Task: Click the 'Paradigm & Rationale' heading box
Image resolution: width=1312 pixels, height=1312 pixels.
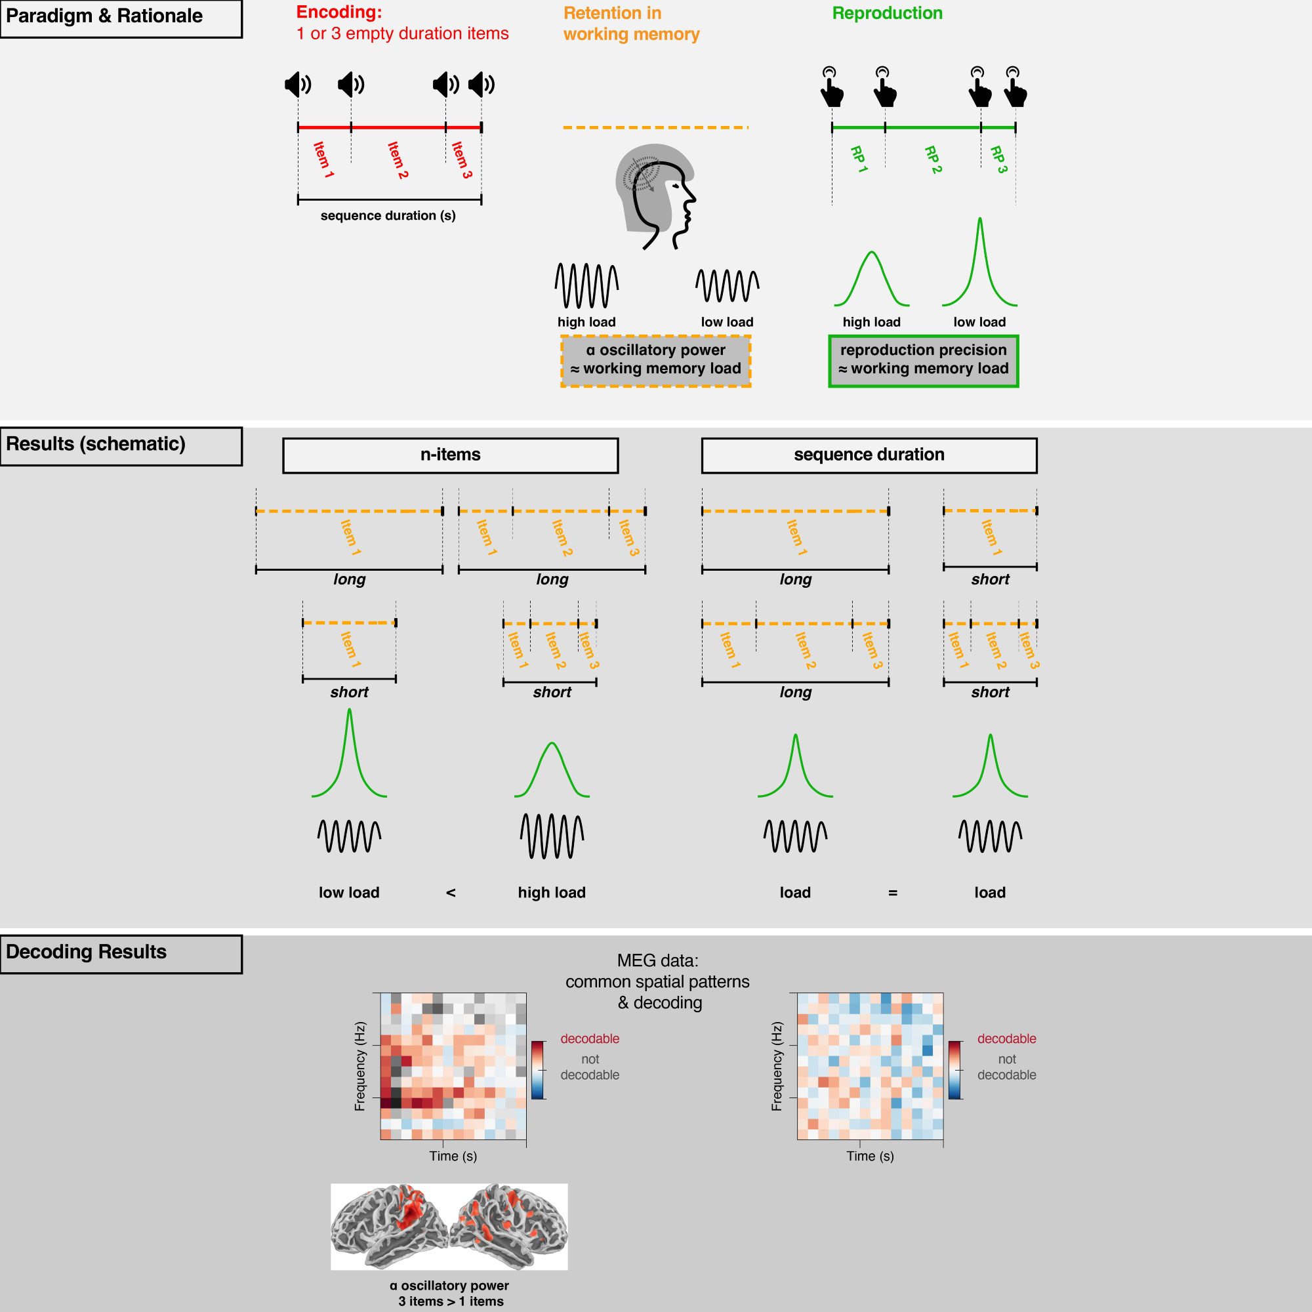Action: coord(121,18)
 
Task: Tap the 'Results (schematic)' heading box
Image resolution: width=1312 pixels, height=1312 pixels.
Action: coord(121,445)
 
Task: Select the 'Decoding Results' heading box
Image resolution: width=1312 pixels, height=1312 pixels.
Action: coord(121,953)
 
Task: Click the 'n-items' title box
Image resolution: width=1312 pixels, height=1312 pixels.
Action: coord(450,455)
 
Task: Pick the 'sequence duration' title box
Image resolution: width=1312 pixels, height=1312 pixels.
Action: coord(869,455)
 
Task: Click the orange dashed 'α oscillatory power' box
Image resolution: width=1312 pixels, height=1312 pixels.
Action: coord(655,361)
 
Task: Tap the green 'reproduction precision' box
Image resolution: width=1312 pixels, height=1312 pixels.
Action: coord(923,361)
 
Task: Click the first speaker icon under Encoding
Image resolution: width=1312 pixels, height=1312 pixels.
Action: coord(297,84)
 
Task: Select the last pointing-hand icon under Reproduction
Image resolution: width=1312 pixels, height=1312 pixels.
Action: coord(1015,88)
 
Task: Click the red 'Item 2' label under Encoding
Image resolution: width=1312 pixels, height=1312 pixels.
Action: coord(398,160)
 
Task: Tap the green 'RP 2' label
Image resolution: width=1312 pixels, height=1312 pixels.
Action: coord(933,159)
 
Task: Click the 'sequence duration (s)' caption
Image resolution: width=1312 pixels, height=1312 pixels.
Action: coord(388,216)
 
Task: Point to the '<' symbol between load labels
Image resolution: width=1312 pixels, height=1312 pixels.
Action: coord(450,892)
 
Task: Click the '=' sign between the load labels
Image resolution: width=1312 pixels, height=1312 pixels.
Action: coord(892,892)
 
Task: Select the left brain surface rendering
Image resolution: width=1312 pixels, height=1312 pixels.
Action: coord(388,1226)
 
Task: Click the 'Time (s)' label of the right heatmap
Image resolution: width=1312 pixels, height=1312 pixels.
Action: coord(870,1156)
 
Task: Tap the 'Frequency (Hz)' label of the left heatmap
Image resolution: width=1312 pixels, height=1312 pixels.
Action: coord(360,1066)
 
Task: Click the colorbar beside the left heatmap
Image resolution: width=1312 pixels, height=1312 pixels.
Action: coord(537,1069)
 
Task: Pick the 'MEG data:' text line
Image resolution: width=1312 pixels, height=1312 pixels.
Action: coord(657,960)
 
